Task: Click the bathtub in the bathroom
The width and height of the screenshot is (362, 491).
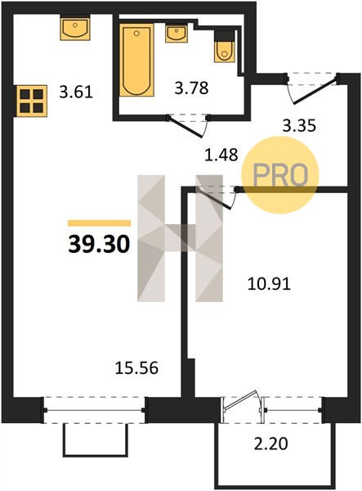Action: click(x=136, y=60)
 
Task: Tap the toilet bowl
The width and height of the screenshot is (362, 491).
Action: click(x=225, y=52)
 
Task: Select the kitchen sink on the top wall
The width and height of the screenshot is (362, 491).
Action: click(x=75, y=28)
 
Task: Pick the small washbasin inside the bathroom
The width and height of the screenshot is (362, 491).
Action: click(x=177, y=34)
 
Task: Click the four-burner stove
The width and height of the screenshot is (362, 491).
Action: click(x=32, y=101)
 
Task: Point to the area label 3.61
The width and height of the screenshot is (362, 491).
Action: click(x=76, y=92)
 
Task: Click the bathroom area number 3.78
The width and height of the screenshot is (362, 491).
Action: click(x=191, y=88)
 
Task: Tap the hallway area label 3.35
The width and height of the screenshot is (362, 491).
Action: click(x=299, y=126)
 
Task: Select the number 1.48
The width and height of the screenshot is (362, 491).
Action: click(x=221, y=155)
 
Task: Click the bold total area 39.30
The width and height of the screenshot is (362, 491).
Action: click(x=99, y=244)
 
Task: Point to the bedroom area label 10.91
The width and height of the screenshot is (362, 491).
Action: click(x=269, y=284)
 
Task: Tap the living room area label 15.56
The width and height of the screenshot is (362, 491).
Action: click(x=136, y=368)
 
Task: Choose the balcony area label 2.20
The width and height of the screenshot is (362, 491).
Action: click(x=270, y=444)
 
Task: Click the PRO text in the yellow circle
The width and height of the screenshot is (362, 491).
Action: click(x=280, y=175)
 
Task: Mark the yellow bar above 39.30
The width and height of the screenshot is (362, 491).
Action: click(x=99, y=223)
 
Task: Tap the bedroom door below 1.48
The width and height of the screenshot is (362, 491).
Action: click(x=216, y=198)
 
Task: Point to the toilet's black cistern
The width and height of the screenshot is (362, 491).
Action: click(x=225, y=35)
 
